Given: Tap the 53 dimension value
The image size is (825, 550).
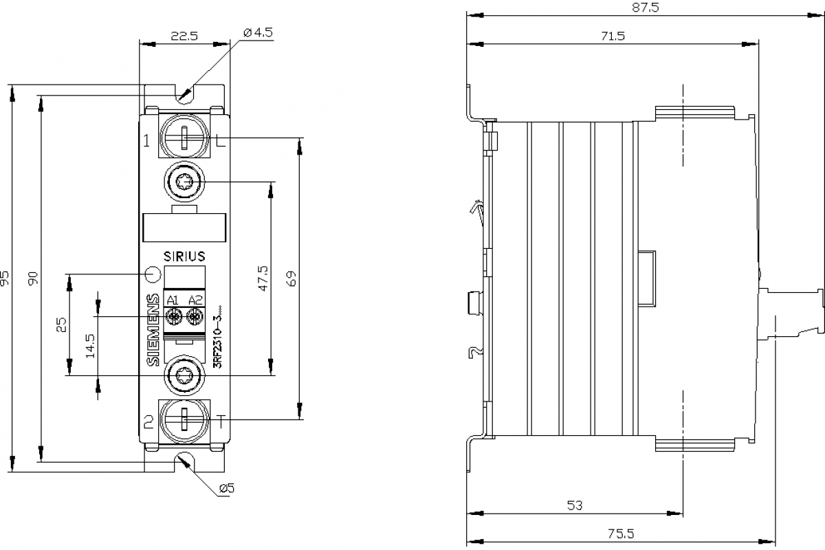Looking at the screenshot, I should pos(575,505).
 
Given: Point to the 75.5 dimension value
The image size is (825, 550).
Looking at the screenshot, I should pos(621,533).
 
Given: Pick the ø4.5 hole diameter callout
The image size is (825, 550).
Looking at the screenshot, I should pos(257,32).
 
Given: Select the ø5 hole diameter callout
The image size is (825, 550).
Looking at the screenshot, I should pos(227,488).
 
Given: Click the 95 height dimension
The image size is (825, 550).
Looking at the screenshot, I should pos(5,278).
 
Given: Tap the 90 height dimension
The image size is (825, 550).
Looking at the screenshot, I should pos(33,278).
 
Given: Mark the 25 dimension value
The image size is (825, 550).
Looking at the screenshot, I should pos(61,324).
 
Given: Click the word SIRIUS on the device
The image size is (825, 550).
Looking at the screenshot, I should pos(184,256).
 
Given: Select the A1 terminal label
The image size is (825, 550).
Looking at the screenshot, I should pos(173,299).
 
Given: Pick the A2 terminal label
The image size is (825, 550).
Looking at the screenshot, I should pos(195,299).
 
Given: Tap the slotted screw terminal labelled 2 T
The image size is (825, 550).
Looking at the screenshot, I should pos(184,420).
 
